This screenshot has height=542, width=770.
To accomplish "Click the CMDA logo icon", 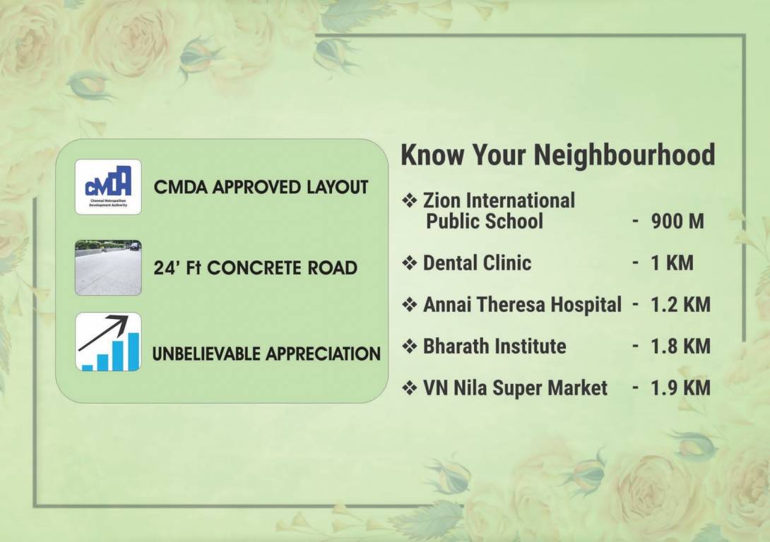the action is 108,187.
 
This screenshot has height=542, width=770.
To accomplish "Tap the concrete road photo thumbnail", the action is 108,267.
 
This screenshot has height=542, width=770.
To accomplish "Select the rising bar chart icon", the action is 108,342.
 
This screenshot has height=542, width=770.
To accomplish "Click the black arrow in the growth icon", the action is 103,333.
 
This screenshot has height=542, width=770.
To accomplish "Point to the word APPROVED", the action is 256,187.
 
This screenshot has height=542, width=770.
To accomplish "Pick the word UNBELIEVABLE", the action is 207,354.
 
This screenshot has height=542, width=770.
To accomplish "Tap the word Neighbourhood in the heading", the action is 624,155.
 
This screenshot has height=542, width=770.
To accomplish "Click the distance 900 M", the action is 677,221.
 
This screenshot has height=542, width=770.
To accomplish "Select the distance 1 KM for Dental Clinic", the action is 672,263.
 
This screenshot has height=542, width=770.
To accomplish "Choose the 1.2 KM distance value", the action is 680,305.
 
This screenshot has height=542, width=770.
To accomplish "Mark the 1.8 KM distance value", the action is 680,347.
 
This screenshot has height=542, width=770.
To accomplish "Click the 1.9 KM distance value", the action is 680,388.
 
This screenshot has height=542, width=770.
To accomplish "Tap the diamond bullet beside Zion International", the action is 410,200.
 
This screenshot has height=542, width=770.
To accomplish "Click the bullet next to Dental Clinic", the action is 410,263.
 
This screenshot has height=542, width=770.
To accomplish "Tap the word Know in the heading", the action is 432,155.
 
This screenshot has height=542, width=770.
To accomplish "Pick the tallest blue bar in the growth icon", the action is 134,351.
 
